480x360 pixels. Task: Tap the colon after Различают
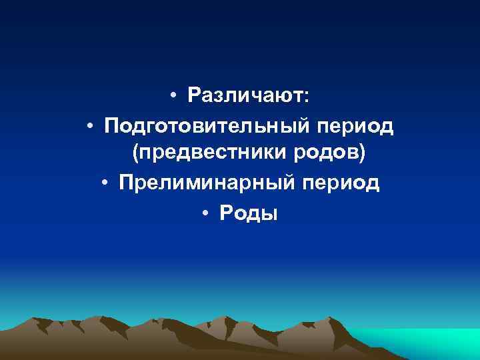click(306, 98)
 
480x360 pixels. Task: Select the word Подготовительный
click(198, 125)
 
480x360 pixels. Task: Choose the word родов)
click(327, 155)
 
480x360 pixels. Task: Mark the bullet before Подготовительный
click(89, 126)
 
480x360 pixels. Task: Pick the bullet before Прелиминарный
click(105, 184)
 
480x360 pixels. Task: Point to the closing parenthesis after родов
click(362, 155)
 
